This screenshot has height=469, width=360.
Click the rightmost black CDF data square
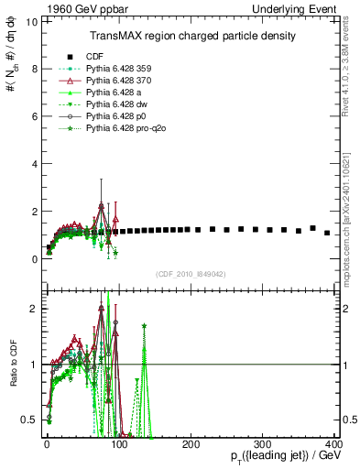(327, 233)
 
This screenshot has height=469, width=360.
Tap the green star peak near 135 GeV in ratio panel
(144, 325)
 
